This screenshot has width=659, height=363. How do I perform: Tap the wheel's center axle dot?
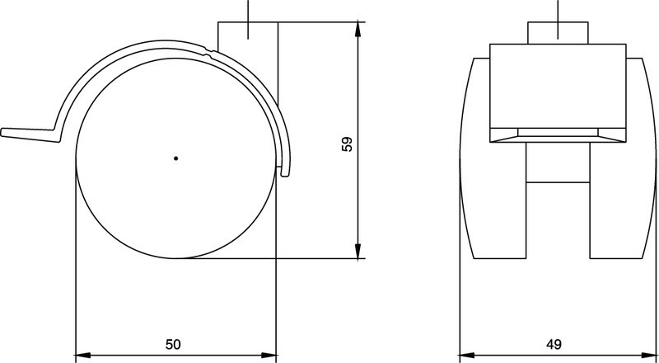coord(175,158)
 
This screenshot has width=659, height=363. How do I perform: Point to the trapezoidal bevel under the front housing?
coord(557,134)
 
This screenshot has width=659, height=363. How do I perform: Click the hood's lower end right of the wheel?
coord(285,169)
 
